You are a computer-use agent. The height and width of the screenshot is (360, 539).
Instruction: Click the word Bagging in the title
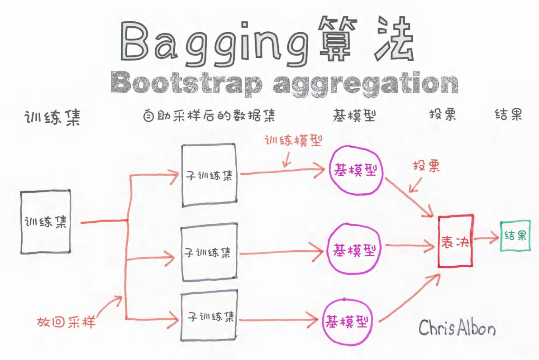click(215, 43)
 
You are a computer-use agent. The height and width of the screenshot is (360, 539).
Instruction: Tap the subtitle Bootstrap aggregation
click(284, 83)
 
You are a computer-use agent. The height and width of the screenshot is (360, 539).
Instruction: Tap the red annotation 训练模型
click(293, 140)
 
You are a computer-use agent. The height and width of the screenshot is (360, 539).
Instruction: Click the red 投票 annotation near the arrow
click(426, 166)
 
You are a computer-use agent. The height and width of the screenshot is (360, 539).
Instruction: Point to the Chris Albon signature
click(457, 328)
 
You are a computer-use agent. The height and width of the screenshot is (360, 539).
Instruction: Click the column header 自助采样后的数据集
click(209, 115)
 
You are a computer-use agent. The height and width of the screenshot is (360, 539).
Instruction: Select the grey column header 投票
click(443, 115)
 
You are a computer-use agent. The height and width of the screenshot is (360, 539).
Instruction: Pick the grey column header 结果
click(508, 115)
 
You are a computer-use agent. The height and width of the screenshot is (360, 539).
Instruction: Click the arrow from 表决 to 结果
click(487, 238)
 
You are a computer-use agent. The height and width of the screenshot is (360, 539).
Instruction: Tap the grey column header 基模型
click(354, 115)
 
